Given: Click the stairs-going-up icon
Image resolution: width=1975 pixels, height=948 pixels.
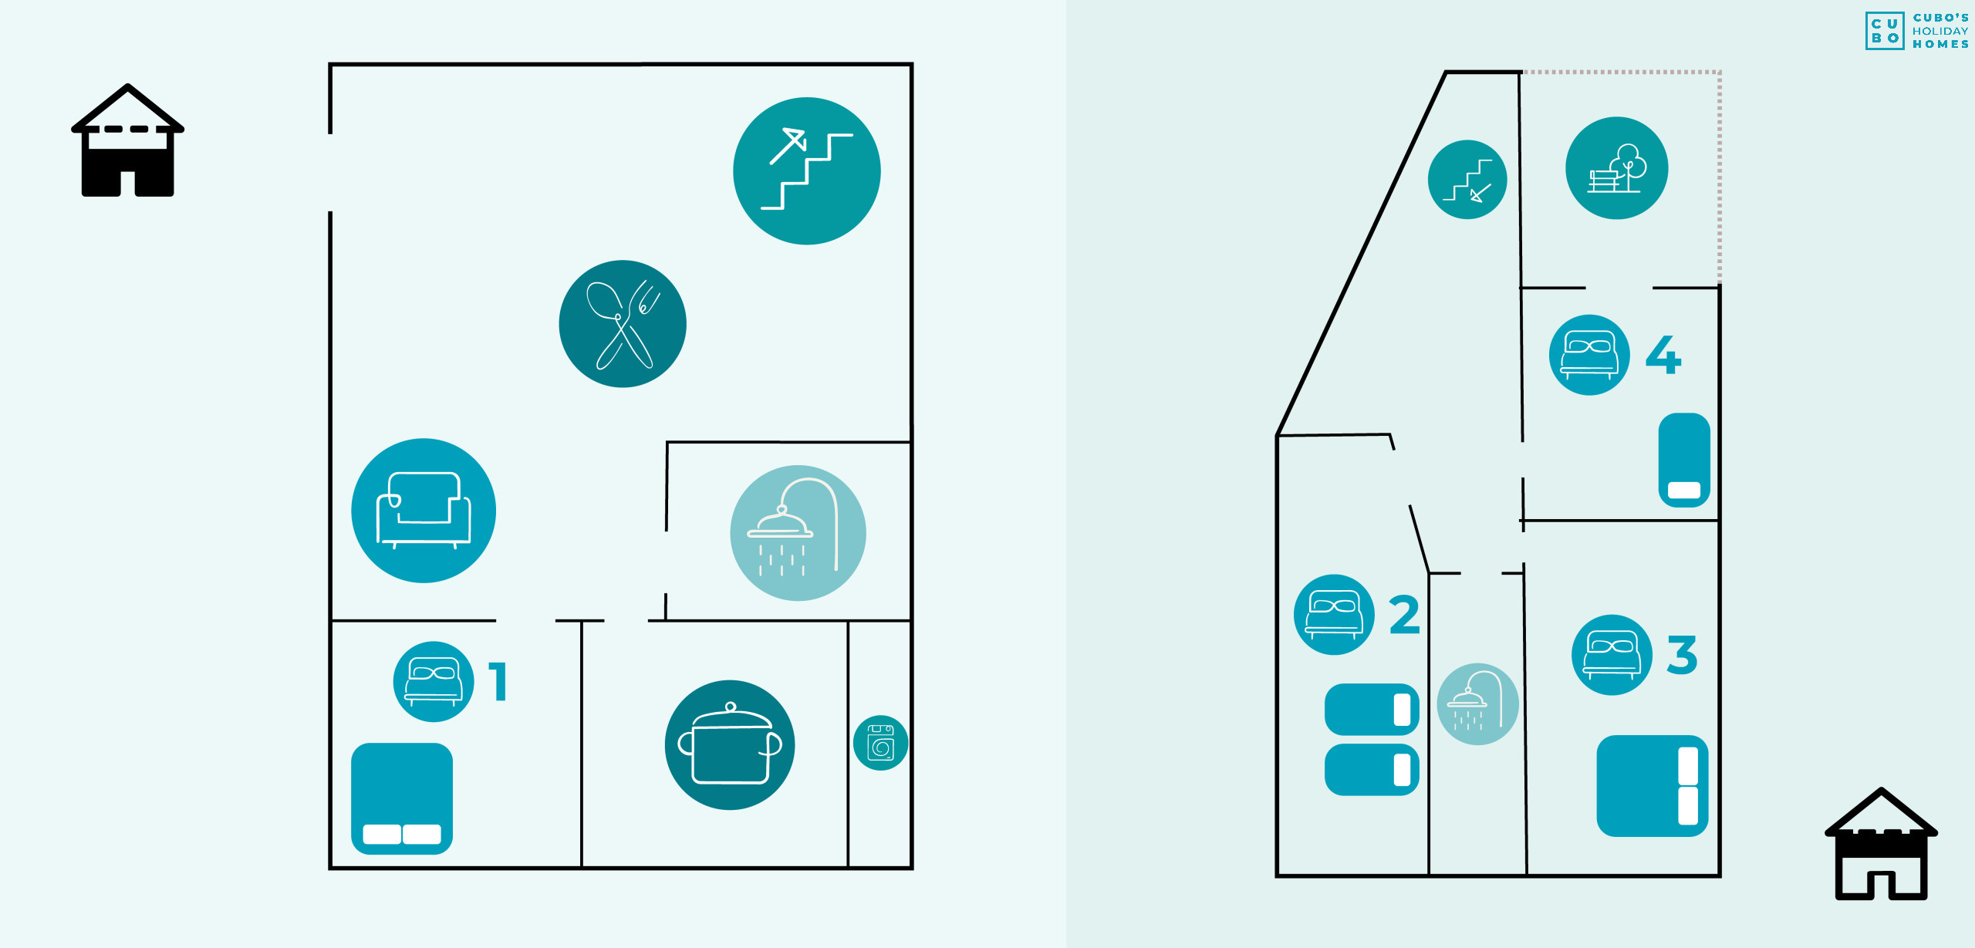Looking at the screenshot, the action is tap(806, 170).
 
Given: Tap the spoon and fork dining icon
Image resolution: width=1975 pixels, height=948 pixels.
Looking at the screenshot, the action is tap(623, 323).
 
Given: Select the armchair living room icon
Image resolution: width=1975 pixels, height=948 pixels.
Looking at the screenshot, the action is tap(424, 511).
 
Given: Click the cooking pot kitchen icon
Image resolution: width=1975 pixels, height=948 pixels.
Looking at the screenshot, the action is tap(730, 744).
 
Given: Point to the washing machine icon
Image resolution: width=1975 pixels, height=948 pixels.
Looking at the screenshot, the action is tap(880, 743).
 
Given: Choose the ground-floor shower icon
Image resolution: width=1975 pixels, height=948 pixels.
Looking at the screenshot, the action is tap(798, 532).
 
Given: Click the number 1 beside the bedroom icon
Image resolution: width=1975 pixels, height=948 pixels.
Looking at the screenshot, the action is tap(498, 681).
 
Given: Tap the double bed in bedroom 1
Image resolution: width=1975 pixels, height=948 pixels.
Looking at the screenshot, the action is tap(402, 798).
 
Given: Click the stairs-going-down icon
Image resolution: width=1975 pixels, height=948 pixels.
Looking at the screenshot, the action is tap(1467, 180).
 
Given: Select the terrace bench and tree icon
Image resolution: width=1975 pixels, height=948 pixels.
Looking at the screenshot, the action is tap(1616, 168).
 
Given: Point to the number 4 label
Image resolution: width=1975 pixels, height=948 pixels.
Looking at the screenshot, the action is tap(1663, 354).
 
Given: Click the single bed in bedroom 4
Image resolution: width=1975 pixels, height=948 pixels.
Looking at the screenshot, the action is tap(1684, 460).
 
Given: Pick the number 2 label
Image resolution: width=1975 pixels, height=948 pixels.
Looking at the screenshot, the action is tap(1404, 615).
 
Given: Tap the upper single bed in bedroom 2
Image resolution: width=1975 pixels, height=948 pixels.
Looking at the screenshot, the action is tap(1372, 709).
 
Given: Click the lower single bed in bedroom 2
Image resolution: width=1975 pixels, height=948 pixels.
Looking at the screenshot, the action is tap(1372, 770).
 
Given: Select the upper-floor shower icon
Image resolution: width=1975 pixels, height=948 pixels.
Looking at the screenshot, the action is tap(1477, 703).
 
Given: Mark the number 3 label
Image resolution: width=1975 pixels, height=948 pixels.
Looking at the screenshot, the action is tap(1682, 655).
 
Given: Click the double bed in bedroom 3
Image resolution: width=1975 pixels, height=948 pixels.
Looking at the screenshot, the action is tap(1652, 785).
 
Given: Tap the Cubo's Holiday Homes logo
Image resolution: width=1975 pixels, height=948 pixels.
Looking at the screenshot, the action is tap(1917, 31).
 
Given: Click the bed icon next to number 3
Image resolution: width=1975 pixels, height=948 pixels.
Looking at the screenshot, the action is tap(1612, 655).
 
